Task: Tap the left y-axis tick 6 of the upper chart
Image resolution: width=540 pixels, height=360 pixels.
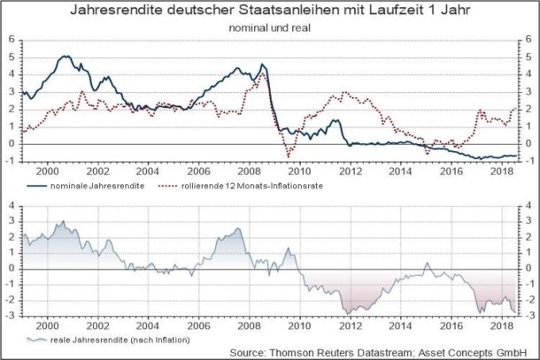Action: coord(12,40)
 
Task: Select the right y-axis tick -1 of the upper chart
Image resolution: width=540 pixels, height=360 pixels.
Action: coord(528,160)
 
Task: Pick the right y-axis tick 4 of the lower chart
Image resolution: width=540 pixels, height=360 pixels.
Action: coord(528,205)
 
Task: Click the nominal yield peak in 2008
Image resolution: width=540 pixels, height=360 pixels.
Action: coord(263,65)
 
